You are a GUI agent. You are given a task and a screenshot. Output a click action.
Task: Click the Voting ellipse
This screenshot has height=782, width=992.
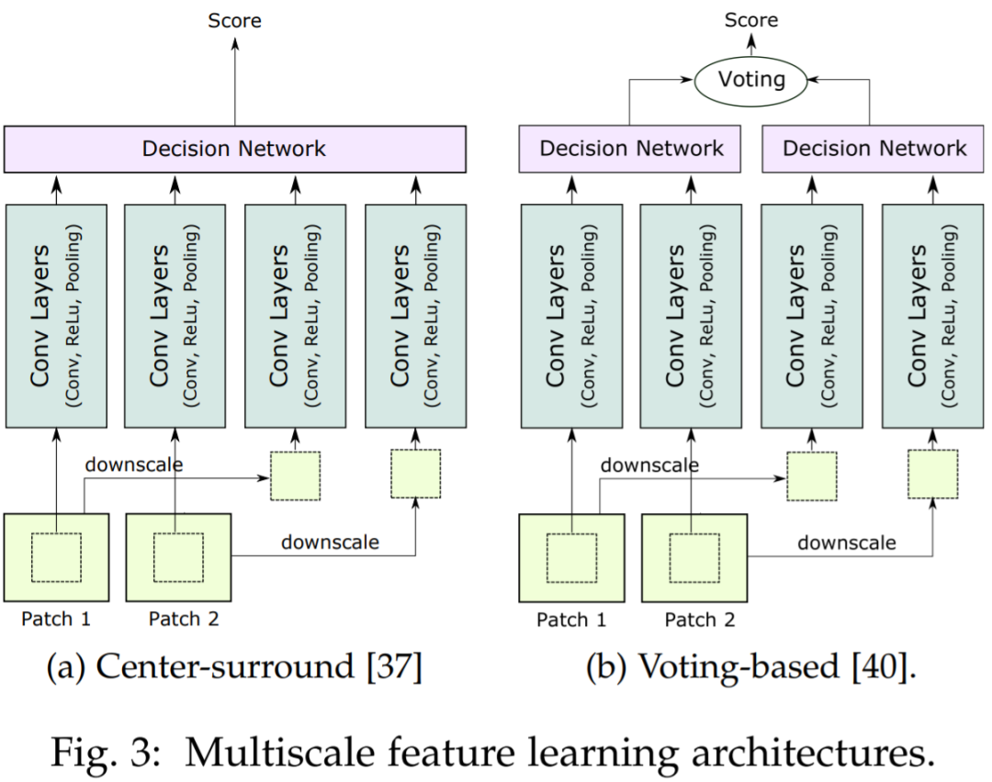(751, 79)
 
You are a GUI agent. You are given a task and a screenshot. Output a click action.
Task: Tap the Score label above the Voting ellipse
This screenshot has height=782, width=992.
(751, 19)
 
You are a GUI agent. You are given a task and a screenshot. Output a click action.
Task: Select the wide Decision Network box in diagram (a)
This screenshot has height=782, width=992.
(234, 150)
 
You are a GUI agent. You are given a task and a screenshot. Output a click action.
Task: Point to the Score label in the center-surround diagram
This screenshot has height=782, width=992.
(234, 19)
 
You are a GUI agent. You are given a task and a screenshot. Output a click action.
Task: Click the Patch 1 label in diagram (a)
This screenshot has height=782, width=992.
(56, 620)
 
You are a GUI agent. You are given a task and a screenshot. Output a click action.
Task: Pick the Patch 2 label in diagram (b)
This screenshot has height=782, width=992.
(700, 620)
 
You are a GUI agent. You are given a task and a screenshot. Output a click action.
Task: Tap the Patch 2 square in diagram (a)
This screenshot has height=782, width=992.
(176, 557)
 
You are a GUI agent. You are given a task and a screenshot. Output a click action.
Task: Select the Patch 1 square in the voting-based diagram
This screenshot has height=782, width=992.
(571, 558)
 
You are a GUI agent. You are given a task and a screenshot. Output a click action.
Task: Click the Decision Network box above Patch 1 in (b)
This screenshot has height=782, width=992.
(631, 150)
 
